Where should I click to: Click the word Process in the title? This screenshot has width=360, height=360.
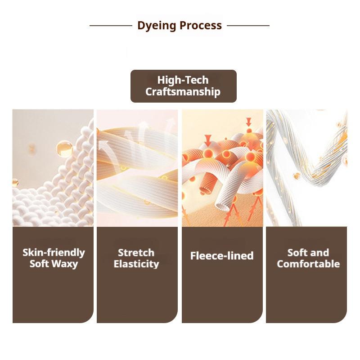click(x=201, y=25)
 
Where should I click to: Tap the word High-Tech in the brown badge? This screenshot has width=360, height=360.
click(x=183, y=80)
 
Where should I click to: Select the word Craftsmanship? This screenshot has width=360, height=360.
click(x=183, y=92)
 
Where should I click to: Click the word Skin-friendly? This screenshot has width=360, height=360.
click(x=54, y=252)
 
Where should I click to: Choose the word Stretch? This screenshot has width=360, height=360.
click(x=136, y=253)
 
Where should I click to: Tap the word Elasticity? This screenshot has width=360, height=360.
click(x=136, y=264)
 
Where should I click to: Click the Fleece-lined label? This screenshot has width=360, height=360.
click(x=222, y=256)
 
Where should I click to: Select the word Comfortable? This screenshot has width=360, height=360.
click(x=308, y=264)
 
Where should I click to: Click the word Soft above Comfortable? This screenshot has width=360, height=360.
click(x=296, y=252)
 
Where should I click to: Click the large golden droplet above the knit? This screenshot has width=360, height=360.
click(x=65, y=148)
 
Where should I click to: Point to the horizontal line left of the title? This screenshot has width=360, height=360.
click(x=111, y=26)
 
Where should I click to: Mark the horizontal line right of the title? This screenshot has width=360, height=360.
click(x=248, y=26)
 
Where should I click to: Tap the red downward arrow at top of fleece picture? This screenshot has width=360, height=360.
click(x=248, y=121)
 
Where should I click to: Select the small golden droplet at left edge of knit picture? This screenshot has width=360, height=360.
click(x=15, y=183)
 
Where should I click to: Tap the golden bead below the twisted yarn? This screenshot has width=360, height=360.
click(x=297, y=176)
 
